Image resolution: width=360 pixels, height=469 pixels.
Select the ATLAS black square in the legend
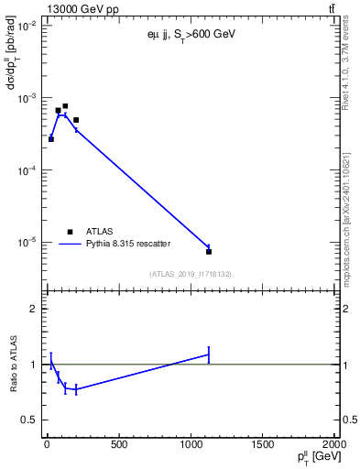[70, 232]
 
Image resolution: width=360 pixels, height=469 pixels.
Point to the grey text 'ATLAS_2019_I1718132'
[191, 274]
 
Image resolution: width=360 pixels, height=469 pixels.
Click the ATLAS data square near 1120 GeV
[209, 251]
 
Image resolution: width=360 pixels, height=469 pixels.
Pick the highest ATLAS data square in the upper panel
[65, 106]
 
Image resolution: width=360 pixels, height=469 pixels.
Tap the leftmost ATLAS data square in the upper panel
[51, 139]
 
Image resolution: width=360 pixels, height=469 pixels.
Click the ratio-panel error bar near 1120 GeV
[209, 354]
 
